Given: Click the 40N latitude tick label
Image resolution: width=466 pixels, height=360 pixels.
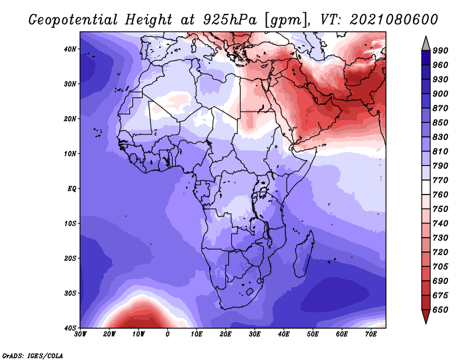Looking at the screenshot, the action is pos(70,49).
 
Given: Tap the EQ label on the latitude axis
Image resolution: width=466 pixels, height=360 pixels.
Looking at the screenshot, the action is pos(72,189).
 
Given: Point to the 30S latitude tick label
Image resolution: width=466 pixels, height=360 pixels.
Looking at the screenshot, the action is pos(70,294).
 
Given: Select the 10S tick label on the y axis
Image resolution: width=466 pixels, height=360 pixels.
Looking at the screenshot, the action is pos(70,224).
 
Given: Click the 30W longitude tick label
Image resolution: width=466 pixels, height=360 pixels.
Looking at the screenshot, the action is pos(80,334).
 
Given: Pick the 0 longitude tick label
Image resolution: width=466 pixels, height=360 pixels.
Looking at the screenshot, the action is pos(168,334).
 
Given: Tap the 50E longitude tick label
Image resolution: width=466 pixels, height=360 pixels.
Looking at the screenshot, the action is pos(313,334).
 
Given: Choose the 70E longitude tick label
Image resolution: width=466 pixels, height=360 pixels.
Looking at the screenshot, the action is pos(371,334).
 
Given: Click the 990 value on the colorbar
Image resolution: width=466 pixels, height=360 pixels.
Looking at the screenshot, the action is pos(440,51).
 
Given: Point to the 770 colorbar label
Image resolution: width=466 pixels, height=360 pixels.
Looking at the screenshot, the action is pos(440,181).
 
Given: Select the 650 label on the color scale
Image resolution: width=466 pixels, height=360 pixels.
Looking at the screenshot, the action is pos(440,310).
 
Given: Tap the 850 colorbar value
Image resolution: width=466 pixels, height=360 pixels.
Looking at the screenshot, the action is pos(440,123).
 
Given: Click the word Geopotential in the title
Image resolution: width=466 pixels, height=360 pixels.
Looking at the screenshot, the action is pos(73,20).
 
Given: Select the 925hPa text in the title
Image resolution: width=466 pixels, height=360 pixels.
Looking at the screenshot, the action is pos(230,20).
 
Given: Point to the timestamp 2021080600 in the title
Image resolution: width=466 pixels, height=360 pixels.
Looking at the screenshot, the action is pos(394,20).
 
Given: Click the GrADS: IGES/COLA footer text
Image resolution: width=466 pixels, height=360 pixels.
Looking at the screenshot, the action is pos(33,356).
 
